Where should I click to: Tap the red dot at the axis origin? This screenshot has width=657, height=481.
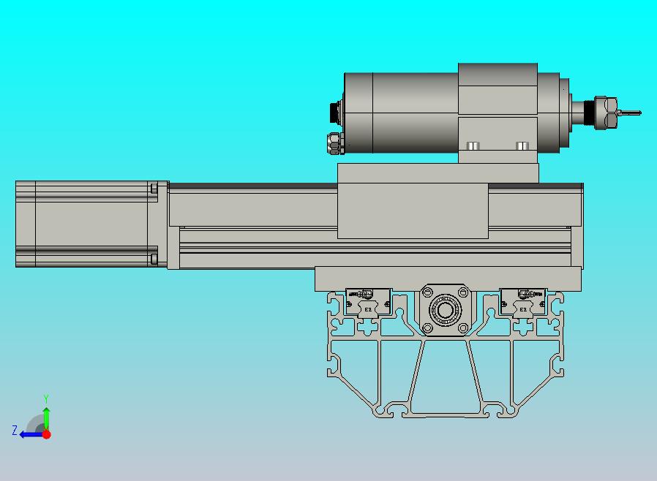click(x=46, y=434)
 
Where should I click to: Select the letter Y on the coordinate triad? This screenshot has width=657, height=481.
click(x=46, y=398)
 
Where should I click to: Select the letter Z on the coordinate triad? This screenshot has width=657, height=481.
click(x=14, y=431)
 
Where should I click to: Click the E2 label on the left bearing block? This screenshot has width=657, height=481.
click(x=368, y=310)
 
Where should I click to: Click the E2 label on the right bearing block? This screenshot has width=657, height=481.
click(x=523, y=310)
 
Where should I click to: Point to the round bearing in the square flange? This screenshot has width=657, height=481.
click(x=445, y=310)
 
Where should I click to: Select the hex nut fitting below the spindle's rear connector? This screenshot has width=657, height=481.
click(x=334, y=143)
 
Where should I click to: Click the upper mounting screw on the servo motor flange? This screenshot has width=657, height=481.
click(x=154, y=189)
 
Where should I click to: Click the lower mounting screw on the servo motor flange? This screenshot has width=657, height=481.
click(x=154, y=258)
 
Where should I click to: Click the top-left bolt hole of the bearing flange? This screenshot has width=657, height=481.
click(x=427, y=293)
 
